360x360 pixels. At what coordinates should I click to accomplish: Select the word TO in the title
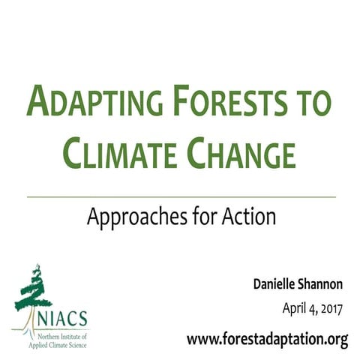pos(313,102)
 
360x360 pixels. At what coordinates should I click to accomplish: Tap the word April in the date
pos(295,308)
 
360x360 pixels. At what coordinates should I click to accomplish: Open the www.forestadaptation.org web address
pos(268,339)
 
